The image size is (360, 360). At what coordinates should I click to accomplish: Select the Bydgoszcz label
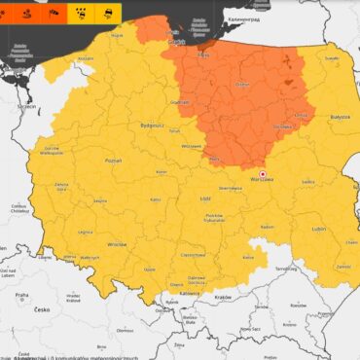point(125,126)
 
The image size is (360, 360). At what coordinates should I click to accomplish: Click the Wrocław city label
point(118,245)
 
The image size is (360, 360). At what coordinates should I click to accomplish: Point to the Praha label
point(21,294)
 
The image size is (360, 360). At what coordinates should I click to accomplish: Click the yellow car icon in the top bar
point(98,12)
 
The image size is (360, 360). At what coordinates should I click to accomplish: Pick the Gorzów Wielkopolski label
point(52,150)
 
